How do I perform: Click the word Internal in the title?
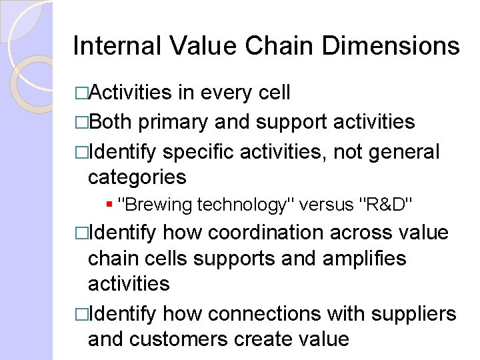click(x=116, y=46)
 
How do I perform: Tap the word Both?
click(x=111, y=121)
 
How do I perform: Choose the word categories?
click(x=137, y=177)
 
